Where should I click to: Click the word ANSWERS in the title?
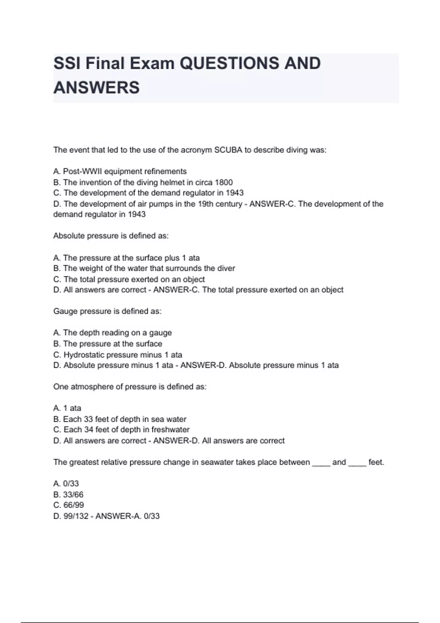[96, 88]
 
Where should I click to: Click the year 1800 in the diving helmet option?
[224, 182]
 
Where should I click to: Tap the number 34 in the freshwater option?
[89, 430]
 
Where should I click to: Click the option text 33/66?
[73, 494]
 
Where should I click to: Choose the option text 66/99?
[74, 505]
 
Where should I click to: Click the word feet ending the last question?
[375, 462]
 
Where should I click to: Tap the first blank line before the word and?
[321, 464]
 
